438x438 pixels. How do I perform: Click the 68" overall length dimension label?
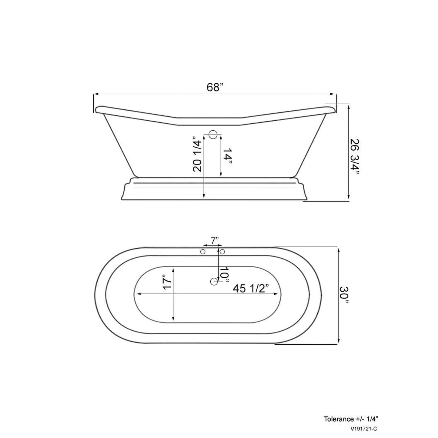tap(215, 87)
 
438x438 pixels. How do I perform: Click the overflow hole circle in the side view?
tap(213, 135)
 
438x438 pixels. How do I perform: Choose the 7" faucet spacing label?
tap(215, 240)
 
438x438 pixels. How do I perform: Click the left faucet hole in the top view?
tap(203, 252)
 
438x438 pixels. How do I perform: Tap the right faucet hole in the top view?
tap(222, 252)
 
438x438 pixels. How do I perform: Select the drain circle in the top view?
tap(214, 282)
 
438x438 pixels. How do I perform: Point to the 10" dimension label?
tap(224, 274)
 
